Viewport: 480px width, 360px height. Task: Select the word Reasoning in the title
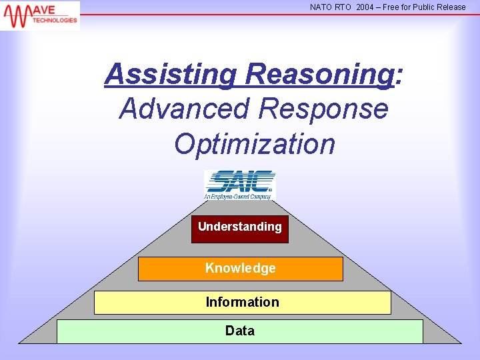click(319, 74)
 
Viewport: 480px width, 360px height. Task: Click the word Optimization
click(254, 143)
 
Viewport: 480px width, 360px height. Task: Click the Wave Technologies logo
click(40, 15)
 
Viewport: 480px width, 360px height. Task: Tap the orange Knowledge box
click(240, 269)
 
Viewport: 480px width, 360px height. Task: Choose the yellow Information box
click(242, 303)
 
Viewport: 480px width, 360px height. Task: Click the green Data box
click(240, 331)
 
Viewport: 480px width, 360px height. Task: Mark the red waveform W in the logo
click(16, 15)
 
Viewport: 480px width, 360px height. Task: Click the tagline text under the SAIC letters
click(239, 196)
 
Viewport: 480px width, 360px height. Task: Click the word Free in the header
click(391, 7)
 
